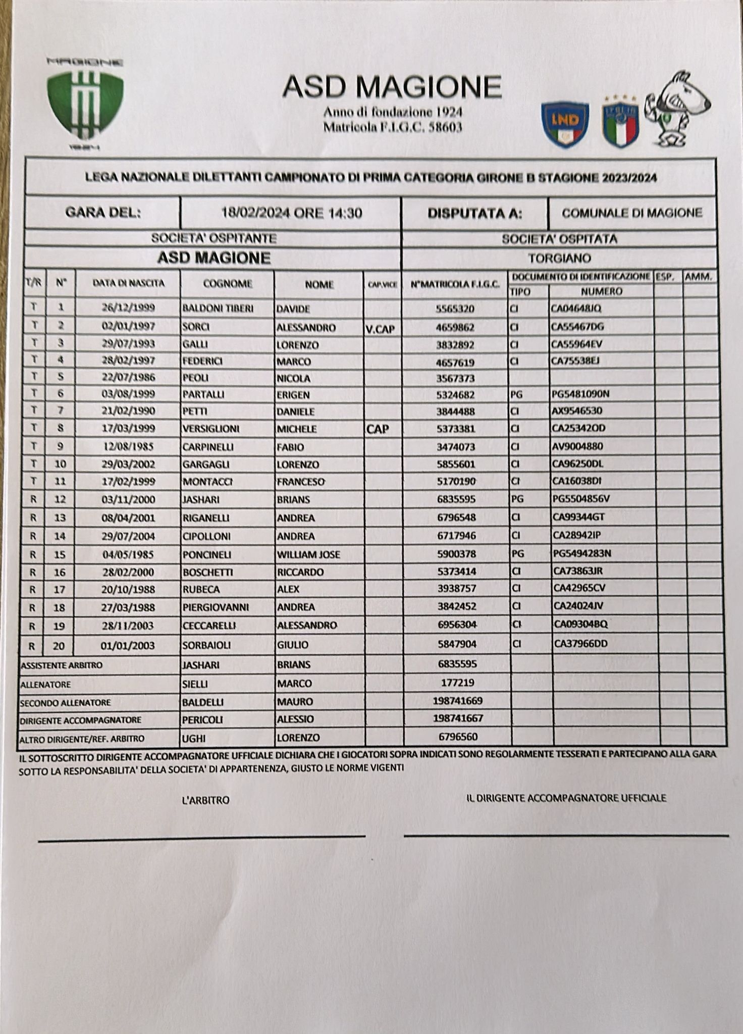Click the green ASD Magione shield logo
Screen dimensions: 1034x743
point(85,104)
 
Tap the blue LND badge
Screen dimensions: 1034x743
point(565,124)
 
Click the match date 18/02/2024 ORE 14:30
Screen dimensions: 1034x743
point(291,213)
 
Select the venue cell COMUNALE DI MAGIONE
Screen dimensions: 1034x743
point(631,213)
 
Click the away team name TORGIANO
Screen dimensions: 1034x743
point(559,258)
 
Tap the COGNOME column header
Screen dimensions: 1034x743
point(227,284)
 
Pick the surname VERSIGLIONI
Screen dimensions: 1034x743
point(211,429)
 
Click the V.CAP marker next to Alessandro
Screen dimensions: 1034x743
point(380,329)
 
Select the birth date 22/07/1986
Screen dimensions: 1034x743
point(128,377)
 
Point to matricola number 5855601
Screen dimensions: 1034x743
point(456,464)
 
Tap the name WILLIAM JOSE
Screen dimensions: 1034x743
point(308,554)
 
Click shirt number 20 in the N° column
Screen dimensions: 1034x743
point(60,645)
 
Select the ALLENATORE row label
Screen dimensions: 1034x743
point(45,685)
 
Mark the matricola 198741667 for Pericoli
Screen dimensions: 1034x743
point(458,718)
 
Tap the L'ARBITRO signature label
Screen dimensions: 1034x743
point(205,800)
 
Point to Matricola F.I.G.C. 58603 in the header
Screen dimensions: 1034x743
point(392,127)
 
